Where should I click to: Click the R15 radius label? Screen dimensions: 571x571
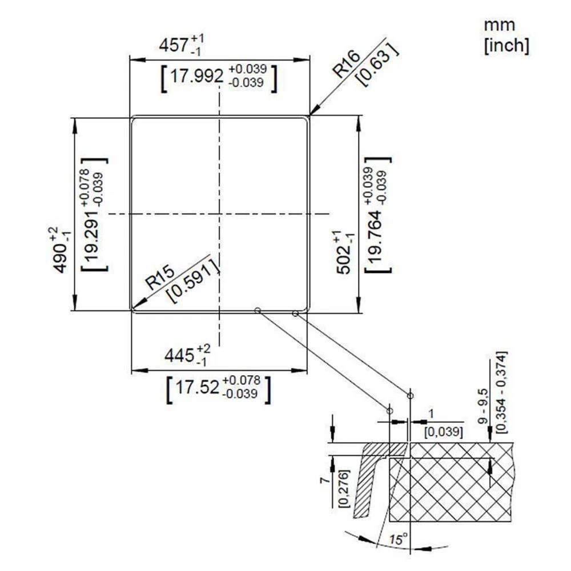(160, 278)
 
